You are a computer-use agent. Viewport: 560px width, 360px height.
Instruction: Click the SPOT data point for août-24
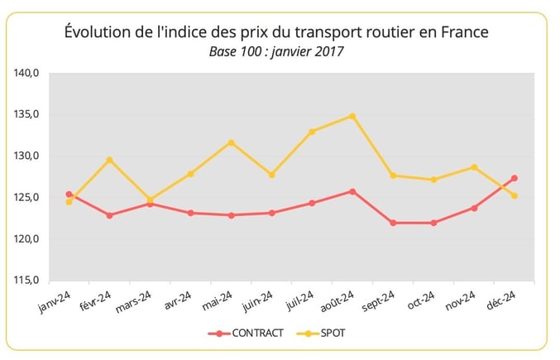point(352,116)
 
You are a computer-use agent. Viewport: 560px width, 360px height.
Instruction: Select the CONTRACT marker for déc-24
point(515,178)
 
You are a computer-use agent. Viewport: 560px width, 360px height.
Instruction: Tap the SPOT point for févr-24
point(109,160)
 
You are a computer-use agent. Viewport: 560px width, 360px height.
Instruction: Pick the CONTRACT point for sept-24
point(393,223)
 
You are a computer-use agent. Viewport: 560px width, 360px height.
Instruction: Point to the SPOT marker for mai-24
point(231,142)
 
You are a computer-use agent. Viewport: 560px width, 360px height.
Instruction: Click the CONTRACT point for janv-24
point(69,194)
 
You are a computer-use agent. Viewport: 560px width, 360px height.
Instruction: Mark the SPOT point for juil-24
point(312,132)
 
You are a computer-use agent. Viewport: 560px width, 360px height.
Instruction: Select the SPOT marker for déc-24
point(515,196)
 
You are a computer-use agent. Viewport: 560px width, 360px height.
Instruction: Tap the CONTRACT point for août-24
point(352,191)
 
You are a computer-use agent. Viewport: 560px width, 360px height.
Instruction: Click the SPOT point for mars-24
point(150,199)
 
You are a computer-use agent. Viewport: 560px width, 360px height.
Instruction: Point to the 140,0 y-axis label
point(27,73)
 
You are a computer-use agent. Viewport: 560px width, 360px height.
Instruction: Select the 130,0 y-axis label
point(27,156)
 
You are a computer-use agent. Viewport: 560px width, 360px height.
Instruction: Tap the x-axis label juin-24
point(258,301)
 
